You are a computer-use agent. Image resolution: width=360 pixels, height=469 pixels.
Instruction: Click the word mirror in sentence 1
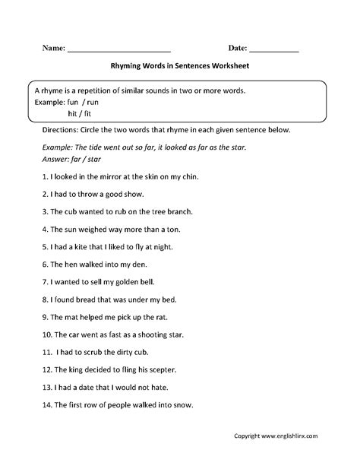click(102, 176)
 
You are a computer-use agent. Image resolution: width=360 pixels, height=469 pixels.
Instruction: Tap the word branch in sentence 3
click(176, 211)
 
